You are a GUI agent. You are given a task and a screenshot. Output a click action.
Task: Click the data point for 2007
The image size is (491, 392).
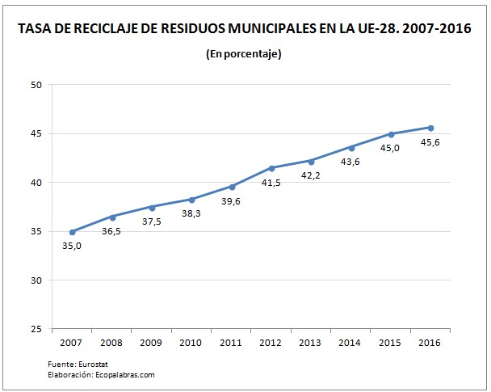[x=73, y=232]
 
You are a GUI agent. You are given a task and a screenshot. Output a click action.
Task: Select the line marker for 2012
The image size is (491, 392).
[x=271, y=168]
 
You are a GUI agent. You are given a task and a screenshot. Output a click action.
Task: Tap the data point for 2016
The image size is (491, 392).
[x=430, y=128]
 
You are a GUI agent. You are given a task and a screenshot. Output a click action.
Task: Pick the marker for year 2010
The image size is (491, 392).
[x=192, y=200]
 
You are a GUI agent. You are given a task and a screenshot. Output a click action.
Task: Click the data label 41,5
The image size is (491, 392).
[x=271, y=183]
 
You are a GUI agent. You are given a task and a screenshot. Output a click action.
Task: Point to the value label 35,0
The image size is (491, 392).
[x=72, y=247]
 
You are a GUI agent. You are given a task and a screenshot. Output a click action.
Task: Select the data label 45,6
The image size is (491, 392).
[x=430, y=143]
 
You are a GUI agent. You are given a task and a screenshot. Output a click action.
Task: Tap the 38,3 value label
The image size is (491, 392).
[x=192, y=214]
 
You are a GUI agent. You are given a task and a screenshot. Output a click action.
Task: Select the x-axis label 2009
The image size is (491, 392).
[x=152, y=344]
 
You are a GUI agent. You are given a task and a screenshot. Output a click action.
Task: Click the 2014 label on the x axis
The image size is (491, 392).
[x=351, y=344]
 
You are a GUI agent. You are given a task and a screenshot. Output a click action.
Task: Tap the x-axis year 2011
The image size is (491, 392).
[x=232, y=344]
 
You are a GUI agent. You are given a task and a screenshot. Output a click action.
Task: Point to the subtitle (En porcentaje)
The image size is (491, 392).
[x=244, y=54]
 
